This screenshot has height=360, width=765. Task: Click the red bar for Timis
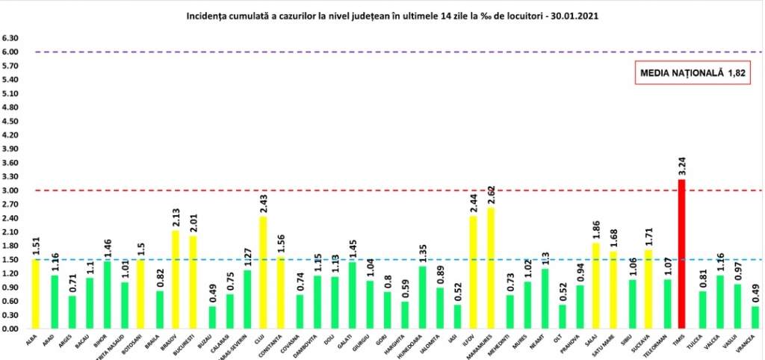[x=681, y=254]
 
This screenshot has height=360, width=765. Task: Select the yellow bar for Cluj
[x=263, y=273]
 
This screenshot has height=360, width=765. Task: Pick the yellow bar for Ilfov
[x=472, y=272]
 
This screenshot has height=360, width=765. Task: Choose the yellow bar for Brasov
[x=176, y=279]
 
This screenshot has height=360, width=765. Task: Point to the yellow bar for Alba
[x=34, y=294]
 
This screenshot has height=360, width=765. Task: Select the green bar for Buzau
[x=212, y=317]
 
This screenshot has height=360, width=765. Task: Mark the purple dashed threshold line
[x=374, y=52]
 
